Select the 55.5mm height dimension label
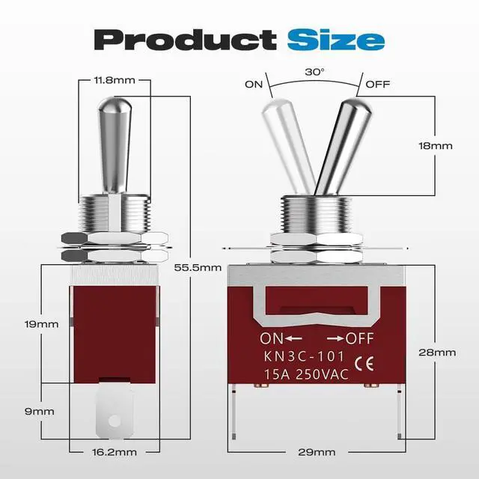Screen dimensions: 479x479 [x=203, y=267]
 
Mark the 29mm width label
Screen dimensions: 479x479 [x=317, y=452]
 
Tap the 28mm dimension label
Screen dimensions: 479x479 [x=437, y=352]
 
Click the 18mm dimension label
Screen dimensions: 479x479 [x=436, y=146]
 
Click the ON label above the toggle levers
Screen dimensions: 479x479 [x=254, y=84]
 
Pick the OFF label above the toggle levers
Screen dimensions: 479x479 [x=376, y=84]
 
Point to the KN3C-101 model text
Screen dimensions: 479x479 [x=303, y=357]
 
